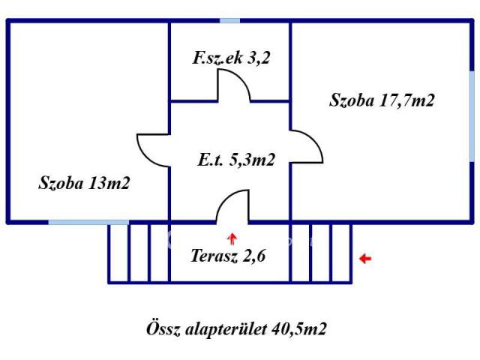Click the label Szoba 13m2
pos(85,182)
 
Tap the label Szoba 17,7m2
pos(382,100)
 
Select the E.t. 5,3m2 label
pos(235,160)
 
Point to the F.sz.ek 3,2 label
pos(230,58)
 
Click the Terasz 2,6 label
pos(229,254)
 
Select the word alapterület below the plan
pos(223,328)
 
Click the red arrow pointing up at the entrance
pos(232,238)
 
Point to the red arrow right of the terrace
pos(364,259)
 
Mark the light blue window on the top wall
pos(229,20)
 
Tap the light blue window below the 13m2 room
pos(88,222)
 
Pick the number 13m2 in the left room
pos(109,182)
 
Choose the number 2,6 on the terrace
pos(256,254)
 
